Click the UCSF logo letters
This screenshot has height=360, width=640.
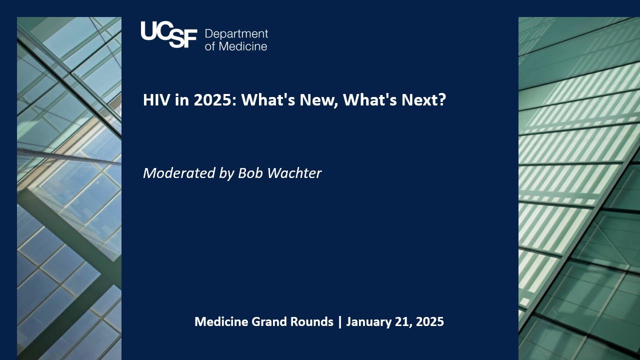tap(168, 34)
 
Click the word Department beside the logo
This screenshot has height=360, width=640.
tap(236, 34)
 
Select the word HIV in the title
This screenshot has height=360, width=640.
tap(153, 100)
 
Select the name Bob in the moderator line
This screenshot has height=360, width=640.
tap(250, 173)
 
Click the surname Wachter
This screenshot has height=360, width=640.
tap(294, 173)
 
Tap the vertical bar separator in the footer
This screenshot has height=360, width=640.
tap(340, 321)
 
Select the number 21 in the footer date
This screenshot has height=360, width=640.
tap(400, 321)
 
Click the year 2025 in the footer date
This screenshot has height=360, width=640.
tap(428, 321)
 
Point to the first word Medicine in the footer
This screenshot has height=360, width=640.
tap(221, 321)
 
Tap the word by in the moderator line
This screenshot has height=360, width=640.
tap(226, 174)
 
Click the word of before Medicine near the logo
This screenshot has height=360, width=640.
tap(210, 46)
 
